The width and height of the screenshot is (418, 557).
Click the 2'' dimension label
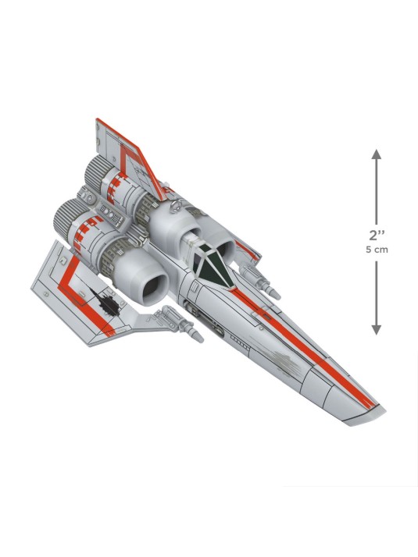pyautogui.click(x=377, y=236)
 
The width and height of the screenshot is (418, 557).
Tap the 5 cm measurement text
pyautogui.click(x=377, y=250)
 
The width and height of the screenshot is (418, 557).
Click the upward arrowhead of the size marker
pyautogui.click(x=377, y=154)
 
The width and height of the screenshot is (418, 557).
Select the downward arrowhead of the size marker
pyautogui.click(x=377, y=330)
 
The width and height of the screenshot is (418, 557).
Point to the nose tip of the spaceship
pyautogui.click(x=384, y=410)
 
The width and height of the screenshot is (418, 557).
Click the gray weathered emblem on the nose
pyautogui.click(x=284, y=358)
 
